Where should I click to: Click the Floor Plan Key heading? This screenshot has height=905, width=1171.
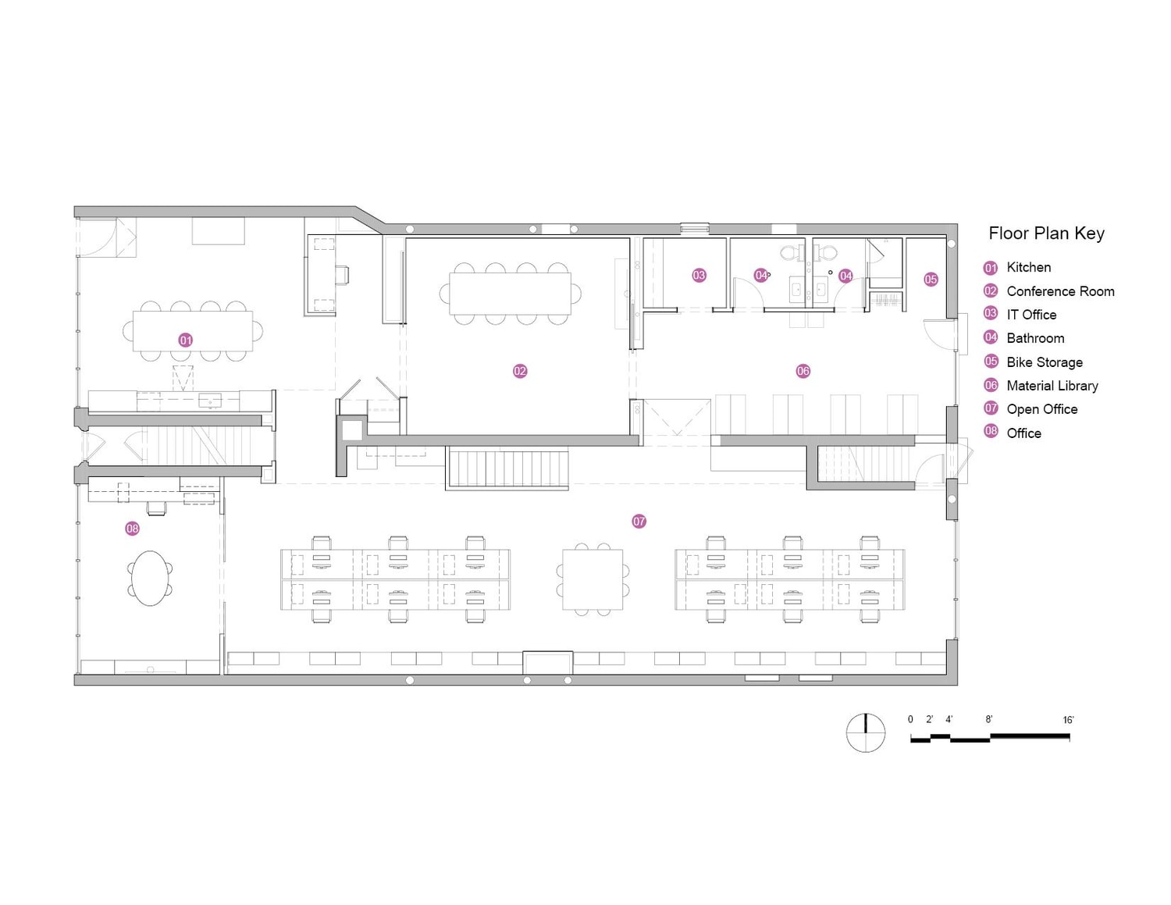click(x=1046, y=233)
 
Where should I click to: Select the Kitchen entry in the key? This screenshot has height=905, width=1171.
click(x=1028, y=267)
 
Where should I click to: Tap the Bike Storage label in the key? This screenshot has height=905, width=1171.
click(x=1044, y=362)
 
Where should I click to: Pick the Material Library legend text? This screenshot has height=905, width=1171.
click(x=1052, y=386)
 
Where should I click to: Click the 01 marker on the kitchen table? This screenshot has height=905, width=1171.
click(x=185, y=340)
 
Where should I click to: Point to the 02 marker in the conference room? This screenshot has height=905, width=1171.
click(x=520, y=371)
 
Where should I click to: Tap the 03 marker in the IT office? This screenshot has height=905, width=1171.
click(x=699, y=276)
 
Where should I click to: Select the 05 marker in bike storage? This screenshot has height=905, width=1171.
click(x=931, y=280)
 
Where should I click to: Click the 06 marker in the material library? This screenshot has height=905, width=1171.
click(x=803, y=371)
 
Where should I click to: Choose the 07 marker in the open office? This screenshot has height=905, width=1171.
click(x=639, y=522)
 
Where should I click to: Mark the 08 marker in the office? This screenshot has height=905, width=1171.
click(x=133, y=529)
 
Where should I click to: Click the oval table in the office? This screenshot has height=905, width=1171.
click(x=151, y=578)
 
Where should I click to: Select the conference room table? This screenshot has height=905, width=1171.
click(x=510, y=293)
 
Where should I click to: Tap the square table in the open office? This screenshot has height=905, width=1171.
click(x=593, y=579)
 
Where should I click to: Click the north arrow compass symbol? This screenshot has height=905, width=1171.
click(x=866, y=733)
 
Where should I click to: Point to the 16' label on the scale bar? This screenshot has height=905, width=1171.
click(x=1068, y=720)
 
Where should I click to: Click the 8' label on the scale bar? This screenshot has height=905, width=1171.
click(x=988, y=719)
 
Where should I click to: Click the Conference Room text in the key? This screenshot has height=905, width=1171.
click(x=1060, y=291)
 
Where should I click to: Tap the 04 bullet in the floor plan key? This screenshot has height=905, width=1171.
click(x=991, y=338)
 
